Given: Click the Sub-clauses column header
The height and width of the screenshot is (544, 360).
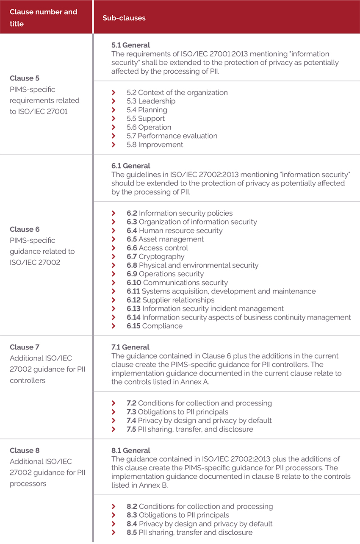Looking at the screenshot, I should click(x=124, y=18).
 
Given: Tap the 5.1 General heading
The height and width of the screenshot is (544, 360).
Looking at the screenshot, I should click(x=130, y=45).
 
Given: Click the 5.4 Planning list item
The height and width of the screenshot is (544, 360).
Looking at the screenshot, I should click(x=147, y=110).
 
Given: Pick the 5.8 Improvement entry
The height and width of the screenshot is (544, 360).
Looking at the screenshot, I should click(x=155, y=144).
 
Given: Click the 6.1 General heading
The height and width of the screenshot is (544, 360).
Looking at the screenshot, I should click(x=130, y=166).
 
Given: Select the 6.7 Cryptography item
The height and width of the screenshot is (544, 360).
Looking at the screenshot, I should click(x=155, y=256).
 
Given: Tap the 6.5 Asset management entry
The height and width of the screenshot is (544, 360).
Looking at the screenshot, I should click(x=165, y=239).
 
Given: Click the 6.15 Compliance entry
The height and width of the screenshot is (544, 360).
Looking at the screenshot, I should click(x=155, y=326).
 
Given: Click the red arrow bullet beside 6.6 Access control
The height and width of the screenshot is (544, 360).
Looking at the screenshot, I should click(x=114, y=248).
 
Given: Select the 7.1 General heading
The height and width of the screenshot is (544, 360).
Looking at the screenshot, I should click(x=130, y=347).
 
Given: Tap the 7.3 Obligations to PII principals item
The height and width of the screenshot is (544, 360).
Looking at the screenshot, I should click(x=177, y=412).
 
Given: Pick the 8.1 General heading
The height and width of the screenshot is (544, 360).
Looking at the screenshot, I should click(x=130, y=450).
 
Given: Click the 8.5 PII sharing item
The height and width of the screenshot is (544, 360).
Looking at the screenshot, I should click(x=189, y=533).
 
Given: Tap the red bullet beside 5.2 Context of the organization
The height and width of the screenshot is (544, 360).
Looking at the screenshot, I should click(x=114, y=92).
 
